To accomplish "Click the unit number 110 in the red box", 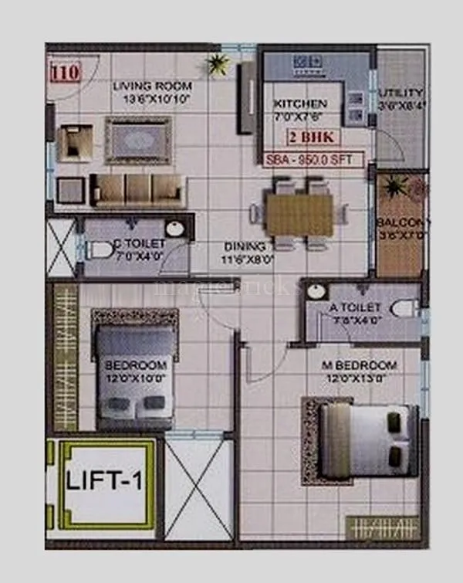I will tap(66, 74).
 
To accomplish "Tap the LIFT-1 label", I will tap(103, 484).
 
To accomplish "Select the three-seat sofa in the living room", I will tap(138, 189).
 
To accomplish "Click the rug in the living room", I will tap(138, 140).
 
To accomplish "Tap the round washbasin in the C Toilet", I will tap(175, 229).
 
